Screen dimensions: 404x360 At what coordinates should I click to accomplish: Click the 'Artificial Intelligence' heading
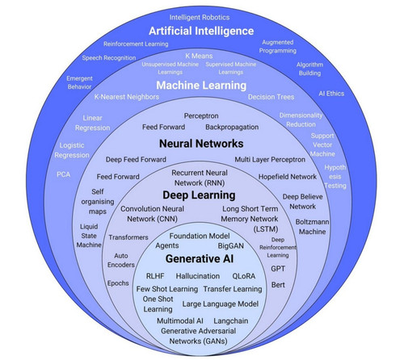(x=201, y=31)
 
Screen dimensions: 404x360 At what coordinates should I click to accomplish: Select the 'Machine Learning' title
(x=201, y=86)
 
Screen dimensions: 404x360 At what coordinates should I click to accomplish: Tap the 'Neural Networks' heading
(x=201, y=144)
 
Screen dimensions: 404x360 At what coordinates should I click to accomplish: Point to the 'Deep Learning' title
(x=199, y=195)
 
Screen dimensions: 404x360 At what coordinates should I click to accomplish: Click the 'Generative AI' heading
(x=200, y=259)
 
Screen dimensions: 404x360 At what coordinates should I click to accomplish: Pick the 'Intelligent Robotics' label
(x=200, y=18)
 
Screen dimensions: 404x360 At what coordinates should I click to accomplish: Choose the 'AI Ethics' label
(x=331, y=94)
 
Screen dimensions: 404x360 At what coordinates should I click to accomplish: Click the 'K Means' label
(x=199, y=56)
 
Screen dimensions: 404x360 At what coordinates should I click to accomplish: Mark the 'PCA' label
(x=64, y=174)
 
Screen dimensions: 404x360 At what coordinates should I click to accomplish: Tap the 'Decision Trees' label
(x=271, y=97)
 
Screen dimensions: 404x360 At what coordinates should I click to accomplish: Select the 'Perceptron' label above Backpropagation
(x=201, y=116)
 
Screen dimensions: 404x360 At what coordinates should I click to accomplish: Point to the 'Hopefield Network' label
(x=288, y=177)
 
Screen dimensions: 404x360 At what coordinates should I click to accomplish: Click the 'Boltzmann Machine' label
(x=312, y=227)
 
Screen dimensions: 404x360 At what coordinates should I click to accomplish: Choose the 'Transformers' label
(x=128, y=237)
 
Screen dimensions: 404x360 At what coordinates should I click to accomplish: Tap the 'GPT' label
(x=278, y=269)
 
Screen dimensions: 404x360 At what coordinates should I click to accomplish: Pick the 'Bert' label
(x=278, y=285)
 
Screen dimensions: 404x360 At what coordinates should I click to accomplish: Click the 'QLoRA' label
(x=244, y=276)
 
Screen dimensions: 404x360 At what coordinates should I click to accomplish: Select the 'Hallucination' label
(x=198, y=276)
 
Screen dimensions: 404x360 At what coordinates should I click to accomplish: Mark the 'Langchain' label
(x=231, y=321)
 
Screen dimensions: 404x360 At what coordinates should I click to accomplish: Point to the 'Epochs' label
(x=118, y=283)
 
